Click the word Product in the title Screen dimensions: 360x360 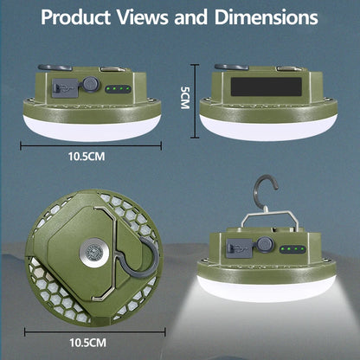pos(81,17)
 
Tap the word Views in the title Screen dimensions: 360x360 pos(159,17)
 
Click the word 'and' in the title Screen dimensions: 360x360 pos(205,17)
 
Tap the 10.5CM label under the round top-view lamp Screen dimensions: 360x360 pos(89,343)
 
